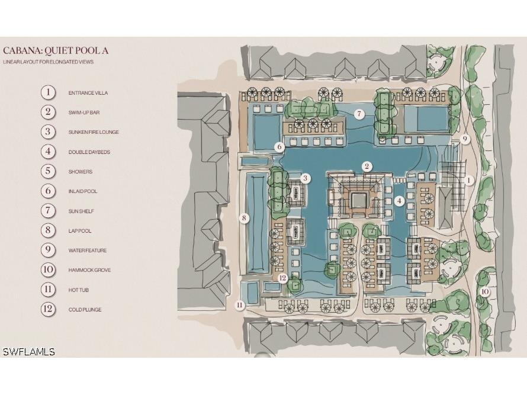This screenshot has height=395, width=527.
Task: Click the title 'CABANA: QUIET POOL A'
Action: [x=56, y=51]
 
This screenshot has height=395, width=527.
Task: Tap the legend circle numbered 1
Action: [x=48, y=92]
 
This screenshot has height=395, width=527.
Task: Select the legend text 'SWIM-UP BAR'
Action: [x=84, y=113]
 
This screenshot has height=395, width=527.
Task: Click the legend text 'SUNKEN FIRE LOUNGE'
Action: [x=94, y=132]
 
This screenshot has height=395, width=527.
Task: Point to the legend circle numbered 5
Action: [x=48, y=171]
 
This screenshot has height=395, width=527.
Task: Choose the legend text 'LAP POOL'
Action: [x=80, y=231]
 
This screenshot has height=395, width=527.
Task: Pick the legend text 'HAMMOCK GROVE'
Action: [x=89, y=270]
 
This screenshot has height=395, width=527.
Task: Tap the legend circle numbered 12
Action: [x=48, y=309]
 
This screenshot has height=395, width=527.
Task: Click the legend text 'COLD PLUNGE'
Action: [x=85, y=310]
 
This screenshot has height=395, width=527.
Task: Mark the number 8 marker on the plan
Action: [x=244, y=219]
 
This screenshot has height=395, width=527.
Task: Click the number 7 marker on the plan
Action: [x=359, y=114]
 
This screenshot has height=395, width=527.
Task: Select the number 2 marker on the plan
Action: [x=367, y=166]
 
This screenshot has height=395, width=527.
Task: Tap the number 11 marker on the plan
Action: [x=240, y=305]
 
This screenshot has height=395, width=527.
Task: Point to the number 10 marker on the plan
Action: [x=484, y=292]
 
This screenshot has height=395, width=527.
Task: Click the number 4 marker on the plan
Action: [x=399, y=201]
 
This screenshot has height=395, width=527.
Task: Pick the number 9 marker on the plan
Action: [x=465, y=139]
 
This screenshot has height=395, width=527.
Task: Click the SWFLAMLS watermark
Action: [x=28, y=352]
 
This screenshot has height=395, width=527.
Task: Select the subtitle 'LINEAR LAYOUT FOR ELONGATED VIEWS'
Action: [x=48, y=62]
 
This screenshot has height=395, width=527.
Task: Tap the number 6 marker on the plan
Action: [x=279, y=147]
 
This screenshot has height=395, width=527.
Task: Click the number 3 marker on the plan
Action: [x=305, y=178]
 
